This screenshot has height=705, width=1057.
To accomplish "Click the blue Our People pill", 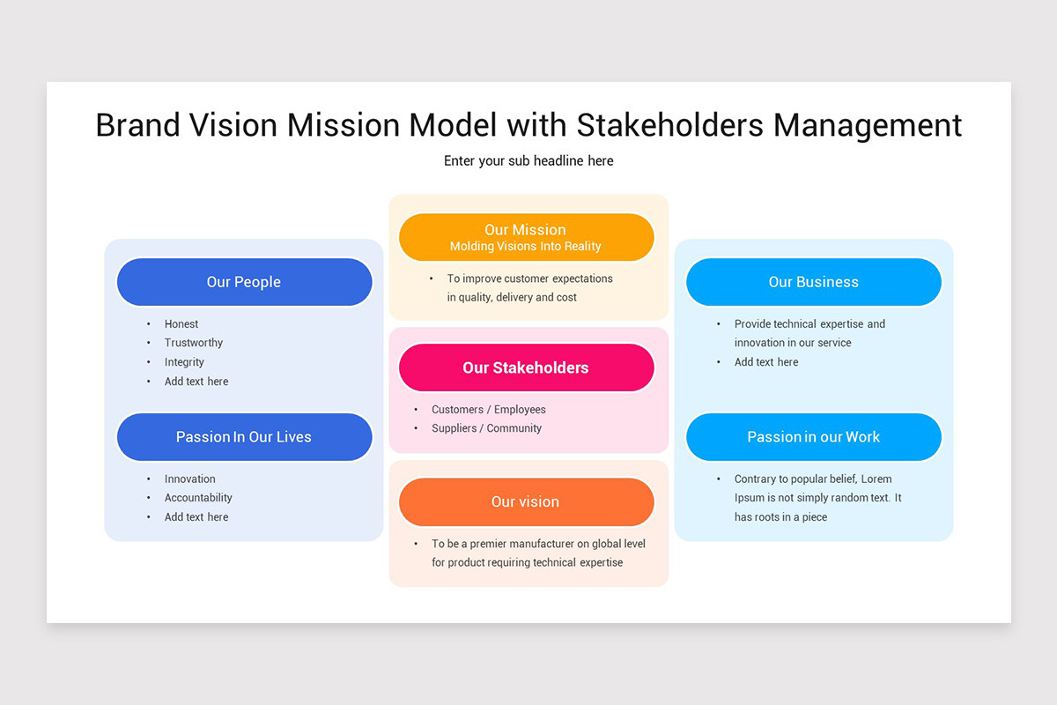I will coord(244,282).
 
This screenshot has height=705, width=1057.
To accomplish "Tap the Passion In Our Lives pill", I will coord(244,437).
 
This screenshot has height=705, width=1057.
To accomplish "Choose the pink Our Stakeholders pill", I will coord(526,367).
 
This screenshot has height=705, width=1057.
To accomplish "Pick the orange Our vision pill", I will coord(526,501).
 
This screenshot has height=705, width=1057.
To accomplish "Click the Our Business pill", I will coord(813,282).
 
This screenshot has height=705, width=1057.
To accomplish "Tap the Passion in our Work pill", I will coord(813,437).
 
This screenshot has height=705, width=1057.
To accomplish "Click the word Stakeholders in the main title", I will coord(670,125).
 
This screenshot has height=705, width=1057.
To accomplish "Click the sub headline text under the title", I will coord(528,160).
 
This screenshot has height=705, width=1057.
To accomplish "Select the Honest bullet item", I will coord(181,324).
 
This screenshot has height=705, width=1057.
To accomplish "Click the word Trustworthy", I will coord(194,343).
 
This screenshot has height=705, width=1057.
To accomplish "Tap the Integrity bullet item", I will coord(184,362).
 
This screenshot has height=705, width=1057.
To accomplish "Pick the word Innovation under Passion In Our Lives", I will coord(189,479).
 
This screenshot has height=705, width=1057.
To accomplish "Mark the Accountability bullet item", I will coord(198,498).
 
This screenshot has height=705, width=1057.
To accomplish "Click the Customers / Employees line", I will coord(488,410).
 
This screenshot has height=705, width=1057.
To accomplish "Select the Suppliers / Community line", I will coord(486,428).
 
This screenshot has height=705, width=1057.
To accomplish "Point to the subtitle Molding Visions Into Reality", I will coord(526,247).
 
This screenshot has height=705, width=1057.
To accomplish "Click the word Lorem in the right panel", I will coord(876,479).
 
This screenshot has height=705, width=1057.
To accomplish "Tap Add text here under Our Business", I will coord(766,362).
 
